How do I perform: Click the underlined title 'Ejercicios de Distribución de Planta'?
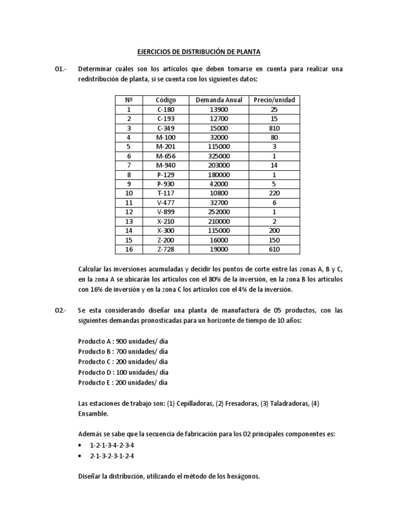click(198, 52)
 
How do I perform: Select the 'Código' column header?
click(166, 100)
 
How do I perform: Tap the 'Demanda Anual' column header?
click(219, 100)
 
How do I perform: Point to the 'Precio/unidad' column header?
click(274, 100)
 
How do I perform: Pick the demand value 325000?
click(219, 156)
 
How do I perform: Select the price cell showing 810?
click(274, 128)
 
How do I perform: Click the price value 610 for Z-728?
click(274, 249)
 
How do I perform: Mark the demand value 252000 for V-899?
click(219, 212)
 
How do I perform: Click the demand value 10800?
click(219, 193)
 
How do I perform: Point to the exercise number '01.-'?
click(61, 69)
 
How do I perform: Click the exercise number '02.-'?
click(61, 310)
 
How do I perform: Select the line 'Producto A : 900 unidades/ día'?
click(123, 342)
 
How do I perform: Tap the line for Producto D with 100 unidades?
click(123, 373)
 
